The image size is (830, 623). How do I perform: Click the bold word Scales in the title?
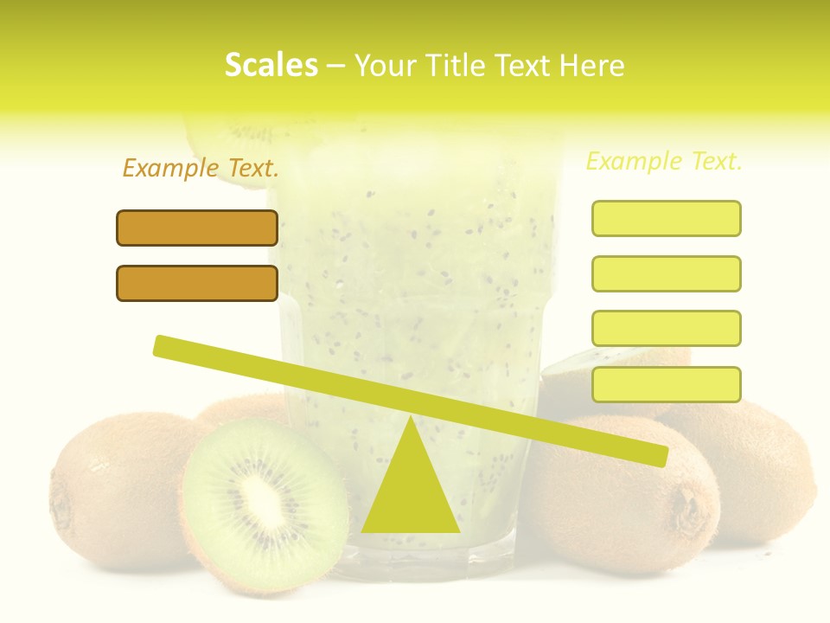point(271,65)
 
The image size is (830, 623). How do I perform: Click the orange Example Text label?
point(201,168)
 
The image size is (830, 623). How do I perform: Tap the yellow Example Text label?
point(664,161)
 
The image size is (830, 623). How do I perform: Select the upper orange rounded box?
point(197,228)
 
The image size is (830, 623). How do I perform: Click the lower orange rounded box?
point(197,283)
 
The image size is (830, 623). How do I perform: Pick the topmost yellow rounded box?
point(666,218)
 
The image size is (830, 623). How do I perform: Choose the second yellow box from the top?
point(666,273)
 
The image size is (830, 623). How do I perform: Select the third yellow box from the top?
point(666,328)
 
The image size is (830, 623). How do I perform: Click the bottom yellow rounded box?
point(666,384)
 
